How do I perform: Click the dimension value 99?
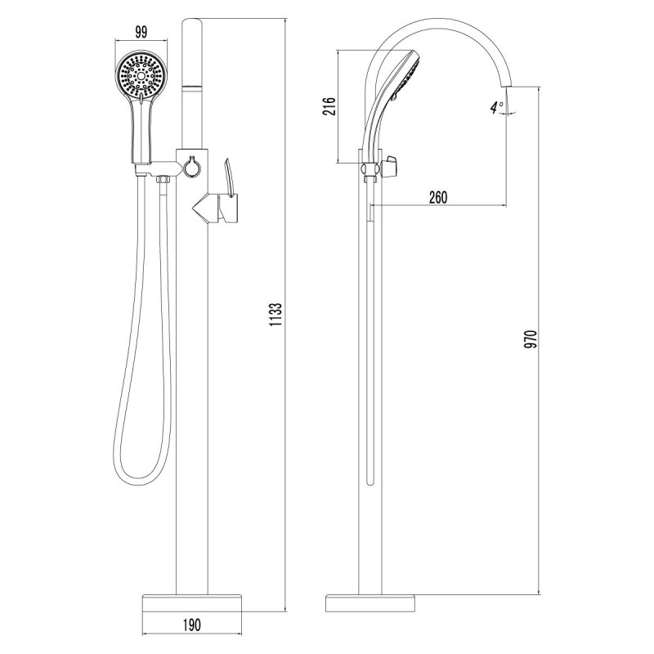pyautogui.click(x=141, y=32)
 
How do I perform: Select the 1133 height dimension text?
pyautogui.click(x=276, y=315)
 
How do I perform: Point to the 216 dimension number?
pyautogui.click(x=329, y=106)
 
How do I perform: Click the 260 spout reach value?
pyautogui.click(x=438, y=197)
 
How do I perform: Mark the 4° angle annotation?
pyautogui.click(x=497, y=108)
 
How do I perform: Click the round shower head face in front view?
pyautogui.click(x=141, y=76)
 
